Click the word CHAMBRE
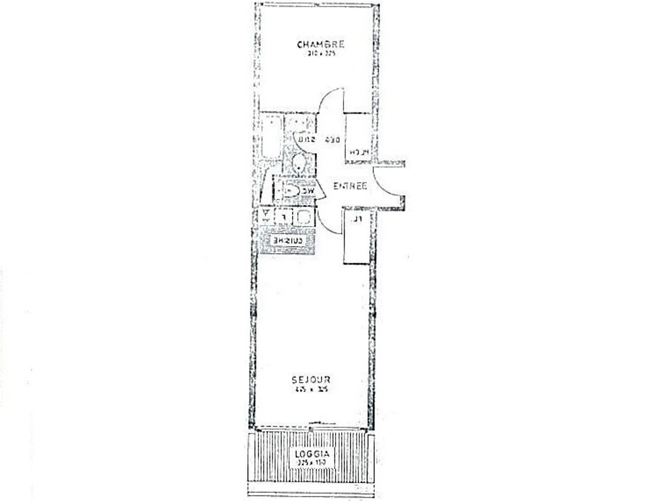(320, 45)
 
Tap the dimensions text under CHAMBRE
(320, 54)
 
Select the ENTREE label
(350, 186)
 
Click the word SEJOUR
(311, 380)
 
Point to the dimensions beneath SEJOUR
(311, 390)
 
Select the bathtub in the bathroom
(271, 137)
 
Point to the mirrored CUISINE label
(287, 240)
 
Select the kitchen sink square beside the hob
(303, 217)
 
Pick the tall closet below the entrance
(356, 237)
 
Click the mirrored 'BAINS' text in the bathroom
(307, 140)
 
